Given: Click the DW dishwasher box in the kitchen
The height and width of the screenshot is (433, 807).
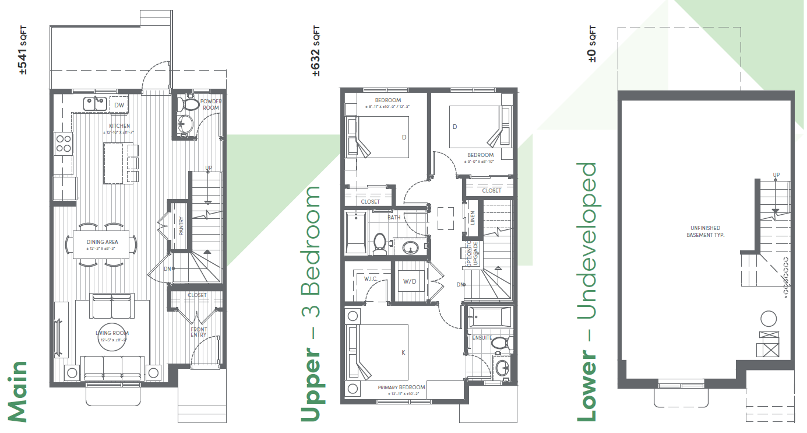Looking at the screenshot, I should [119, 105].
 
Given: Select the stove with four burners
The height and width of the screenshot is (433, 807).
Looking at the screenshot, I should [64, 144].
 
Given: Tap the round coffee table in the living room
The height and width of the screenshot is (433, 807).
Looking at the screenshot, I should [111, 336].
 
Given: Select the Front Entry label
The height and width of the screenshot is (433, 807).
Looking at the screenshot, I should [199, 333].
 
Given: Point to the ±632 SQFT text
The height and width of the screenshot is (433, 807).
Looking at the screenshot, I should [316, 52].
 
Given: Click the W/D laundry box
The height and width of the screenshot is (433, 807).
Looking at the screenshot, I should [410, 282].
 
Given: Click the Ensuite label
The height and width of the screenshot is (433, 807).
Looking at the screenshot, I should [482, 337].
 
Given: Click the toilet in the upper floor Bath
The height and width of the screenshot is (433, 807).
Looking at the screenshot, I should [380, 242].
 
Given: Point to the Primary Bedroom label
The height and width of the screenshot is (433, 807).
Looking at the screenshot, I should [401, 387].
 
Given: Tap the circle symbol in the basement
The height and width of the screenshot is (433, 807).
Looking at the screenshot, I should [769, 319].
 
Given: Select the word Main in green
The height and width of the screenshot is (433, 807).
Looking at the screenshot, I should [17, 392].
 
